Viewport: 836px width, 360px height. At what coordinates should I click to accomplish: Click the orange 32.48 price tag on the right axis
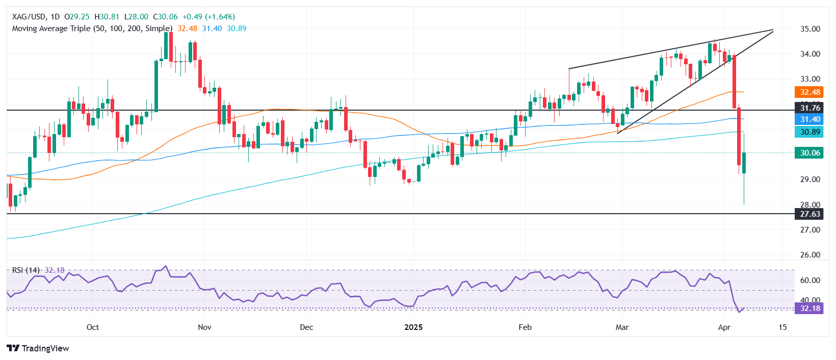pos(809,92)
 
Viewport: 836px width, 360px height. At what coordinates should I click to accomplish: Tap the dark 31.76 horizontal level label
pos(809,108)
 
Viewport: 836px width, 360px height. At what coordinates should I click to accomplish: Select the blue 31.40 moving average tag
pos(809,119)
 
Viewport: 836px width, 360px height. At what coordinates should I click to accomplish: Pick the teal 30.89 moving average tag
pos(809,132)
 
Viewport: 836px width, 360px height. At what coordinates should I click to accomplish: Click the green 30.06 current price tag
pos(809,153)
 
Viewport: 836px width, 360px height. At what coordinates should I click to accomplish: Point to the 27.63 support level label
pos(809,214)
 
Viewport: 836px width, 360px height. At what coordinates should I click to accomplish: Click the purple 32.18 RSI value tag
pos(809,308)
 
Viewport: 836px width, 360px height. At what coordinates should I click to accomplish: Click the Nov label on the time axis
pos(204,327)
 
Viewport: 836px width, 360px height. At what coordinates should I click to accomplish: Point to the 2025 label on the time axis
pos(413,327)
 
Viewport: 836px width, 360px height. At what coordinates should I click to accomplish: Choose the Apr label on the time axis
pos(724,327)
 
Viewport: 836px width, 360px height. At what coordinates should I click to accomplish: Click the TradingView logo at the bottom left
pos(39,348)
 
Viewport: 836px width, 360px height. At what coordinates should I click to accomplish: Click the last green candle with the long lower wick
pos(744,163)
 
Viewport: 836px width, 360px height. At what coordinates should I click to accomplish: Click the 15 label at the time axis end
pos(783,327)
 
